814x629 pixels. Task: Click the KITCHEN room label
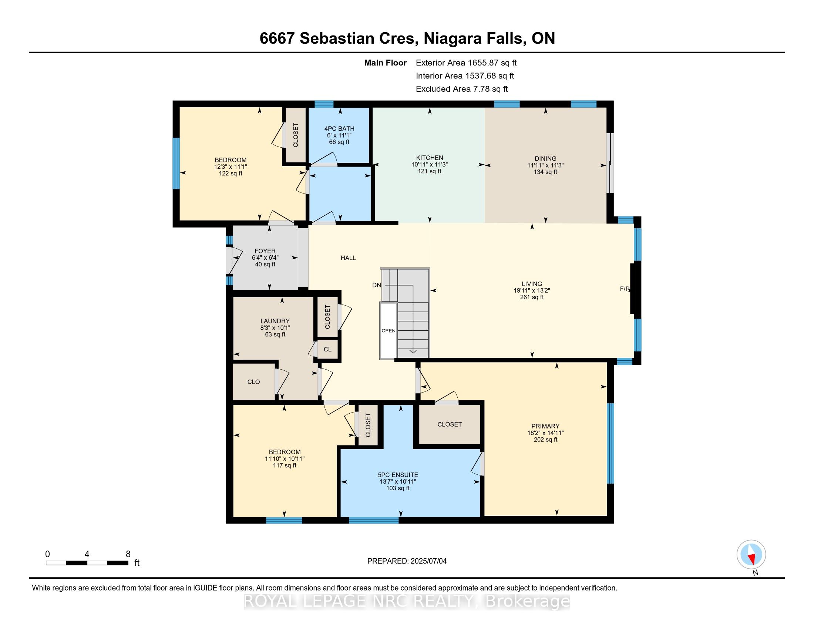429,158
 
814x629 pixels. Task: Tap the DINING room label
545,159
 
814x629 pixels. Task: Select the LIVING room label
532,284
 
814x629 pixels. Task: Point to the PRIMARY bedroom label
546,426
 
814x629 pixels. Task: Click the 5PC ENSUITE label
398,475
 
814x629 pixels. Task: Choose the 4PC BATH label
339,129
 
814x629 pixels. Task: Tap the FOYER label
265,251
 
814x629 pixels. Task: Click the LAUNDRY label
275,321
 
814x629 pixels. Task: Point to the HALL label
348,258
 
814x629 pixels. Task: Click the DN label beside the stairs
377,285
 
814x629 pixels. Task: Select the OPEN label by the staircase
388,331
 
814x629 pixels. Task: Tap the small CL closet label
327,350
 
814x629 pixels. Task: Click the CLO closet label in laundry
254,382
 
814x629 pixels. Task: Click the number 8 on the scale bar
128,554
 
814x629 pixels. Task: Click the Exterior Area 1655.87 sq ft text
466,63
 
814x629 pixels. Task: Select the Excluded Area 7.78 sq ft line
462,89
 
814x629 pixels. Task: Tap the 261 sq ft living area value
532,297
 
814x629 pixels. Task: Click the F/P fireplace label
625,289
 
